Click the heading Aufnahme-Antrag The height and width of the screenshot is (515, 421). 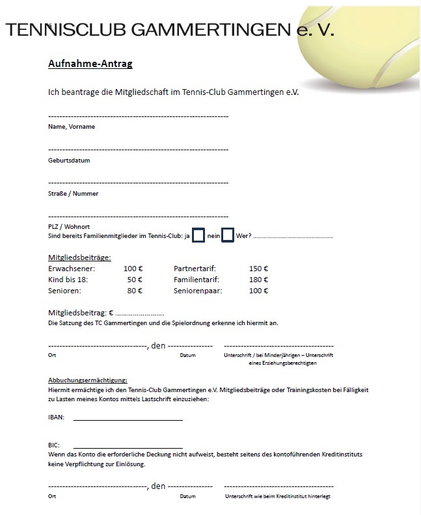click(90, 64)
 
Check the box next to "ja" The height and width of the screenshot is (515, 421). click(199, 235)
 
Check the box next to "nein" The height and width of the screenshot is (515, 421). click(228, 235)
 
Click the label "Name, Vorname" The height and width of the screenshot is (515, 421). click(72, 127)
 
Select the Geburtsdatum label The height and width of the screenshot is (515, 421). click(69, 160)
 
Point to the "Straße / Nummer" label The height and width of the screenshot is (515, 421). click(73, 194)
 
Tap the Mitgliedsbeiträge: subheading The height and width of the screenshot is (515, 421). click(79, 257)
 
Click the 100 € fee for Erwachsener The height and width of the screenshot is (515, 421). click(133, 269)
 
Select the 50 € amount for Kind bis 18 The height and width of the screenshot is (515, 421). click(135, 280)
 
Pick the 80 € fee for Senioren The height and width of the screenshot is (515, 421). click(135, 291)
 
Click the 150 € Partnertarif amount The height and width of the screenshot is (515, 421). click(259, 269)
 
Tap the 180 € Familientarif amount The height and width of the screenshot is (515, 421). click(259, 280)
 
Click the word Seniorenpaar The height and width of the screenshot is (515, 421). click(198, 291)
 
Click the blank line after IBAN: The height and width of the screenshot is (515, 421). click(128, 419)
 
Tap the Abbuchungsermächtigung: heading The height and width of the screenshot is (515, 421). click(88, 380)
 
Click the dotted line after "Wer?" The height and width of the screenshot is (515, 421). click(293, 237)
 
